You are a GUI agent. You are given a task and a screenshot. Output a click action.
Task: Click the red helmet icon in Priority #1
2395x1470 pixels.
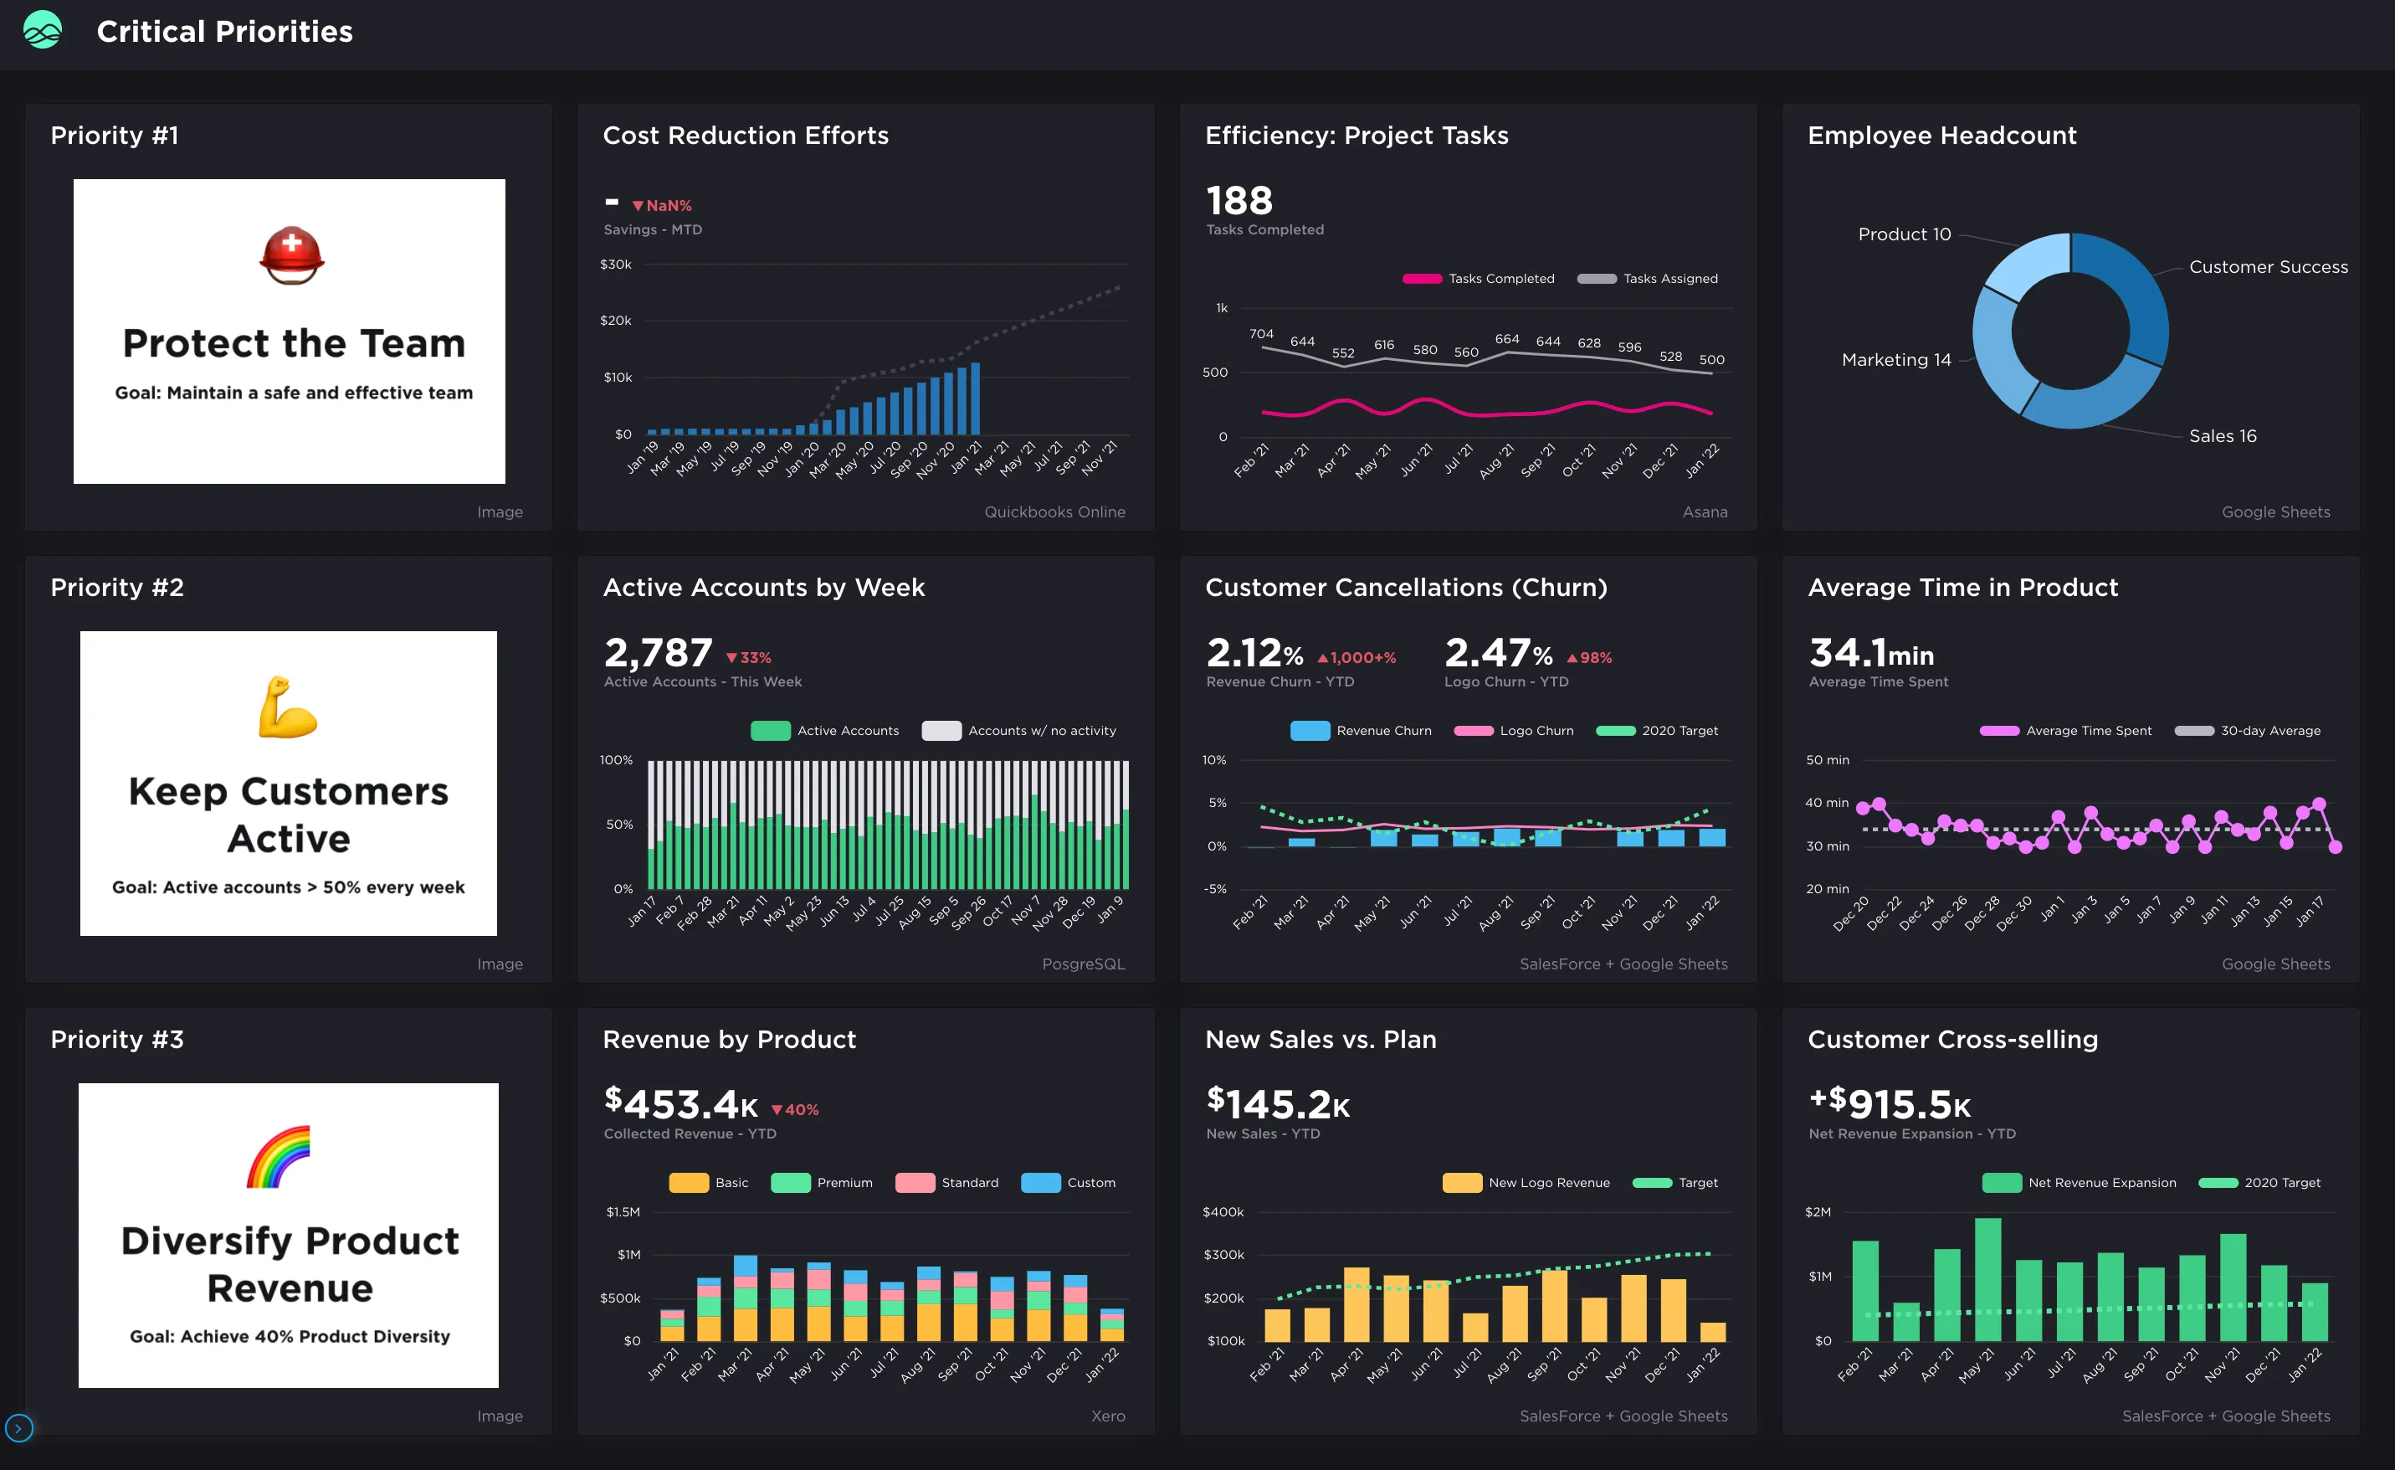click(291, 255)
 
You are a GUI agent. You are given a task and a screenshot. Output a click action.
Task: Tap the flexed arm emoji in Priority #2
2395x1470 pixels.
click(288, 707)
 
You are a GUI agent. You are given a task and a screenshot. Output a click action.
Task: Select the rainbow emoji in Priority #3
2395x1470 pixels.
click(279, 1157)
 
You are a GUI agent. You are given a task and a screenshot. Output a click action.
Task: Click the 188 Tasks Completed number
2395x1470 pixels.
click(1239, 201)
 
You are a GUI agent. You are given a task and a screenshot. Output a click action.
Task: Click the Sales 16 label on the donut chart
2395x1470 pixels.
click(2222, 436)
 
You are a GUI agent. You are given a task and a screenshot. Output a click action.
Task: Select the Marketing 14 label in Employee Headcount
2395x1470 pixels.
click(1895, 360)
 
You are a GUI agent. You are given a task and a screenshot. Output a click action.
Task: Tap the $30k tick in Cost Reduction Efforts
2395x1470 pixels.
click(615, 265)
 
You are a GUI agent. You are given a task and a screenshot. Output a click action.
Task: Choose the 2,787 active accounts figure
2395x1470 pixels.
click(658, 652)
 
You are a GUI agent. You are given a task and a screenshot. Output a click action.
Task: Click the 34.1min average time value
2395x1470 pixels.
click(1871, 652)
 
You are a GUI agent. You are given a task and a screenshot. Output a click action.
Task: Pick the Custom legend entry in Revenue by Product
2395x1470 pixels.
click(1069, 1183)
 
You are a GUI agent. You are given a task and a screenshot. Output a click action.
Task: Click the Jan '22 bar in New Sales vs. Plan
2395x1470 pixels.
click(1713, 1332)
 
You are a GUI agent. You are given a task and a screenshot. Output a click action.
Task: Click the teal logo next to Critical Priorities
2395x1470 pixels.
click(42, 31)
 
